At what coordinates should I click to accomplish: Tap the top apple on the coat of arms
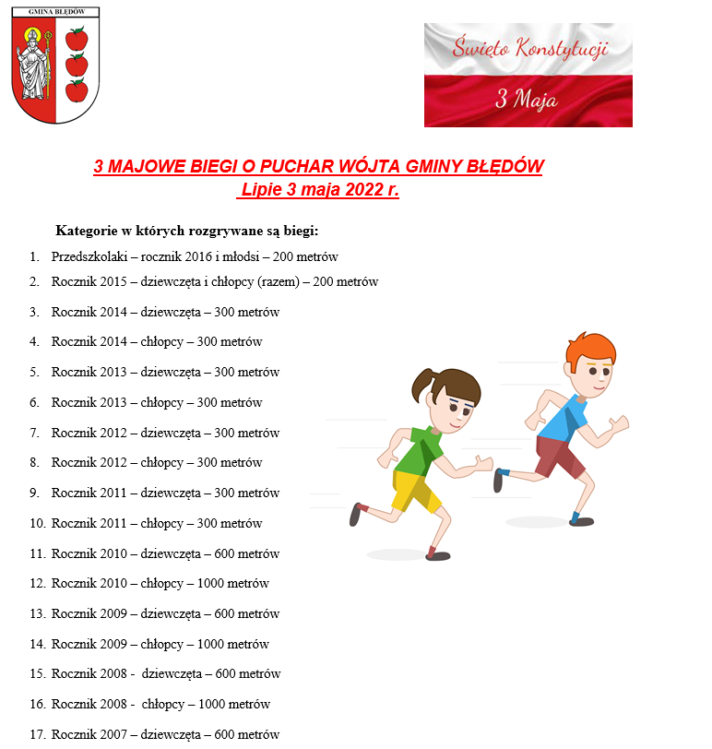pyautogui.click(x=76, y=39)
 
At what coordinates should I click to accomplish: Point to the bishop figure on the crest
pyautogui.click(x=35, y=65)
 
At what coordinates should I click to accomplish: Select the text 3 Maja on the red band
pyautogui.click(x=526, y=100)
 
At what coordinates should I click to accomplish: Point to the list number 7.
pyautogui.click(x=34, y=433)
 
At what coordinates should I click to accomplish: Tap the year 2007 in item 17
pyautogui.click(x=113, y=734)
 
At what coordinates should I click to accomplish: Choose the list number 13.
pyautogui.click(x=37, y=613)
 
